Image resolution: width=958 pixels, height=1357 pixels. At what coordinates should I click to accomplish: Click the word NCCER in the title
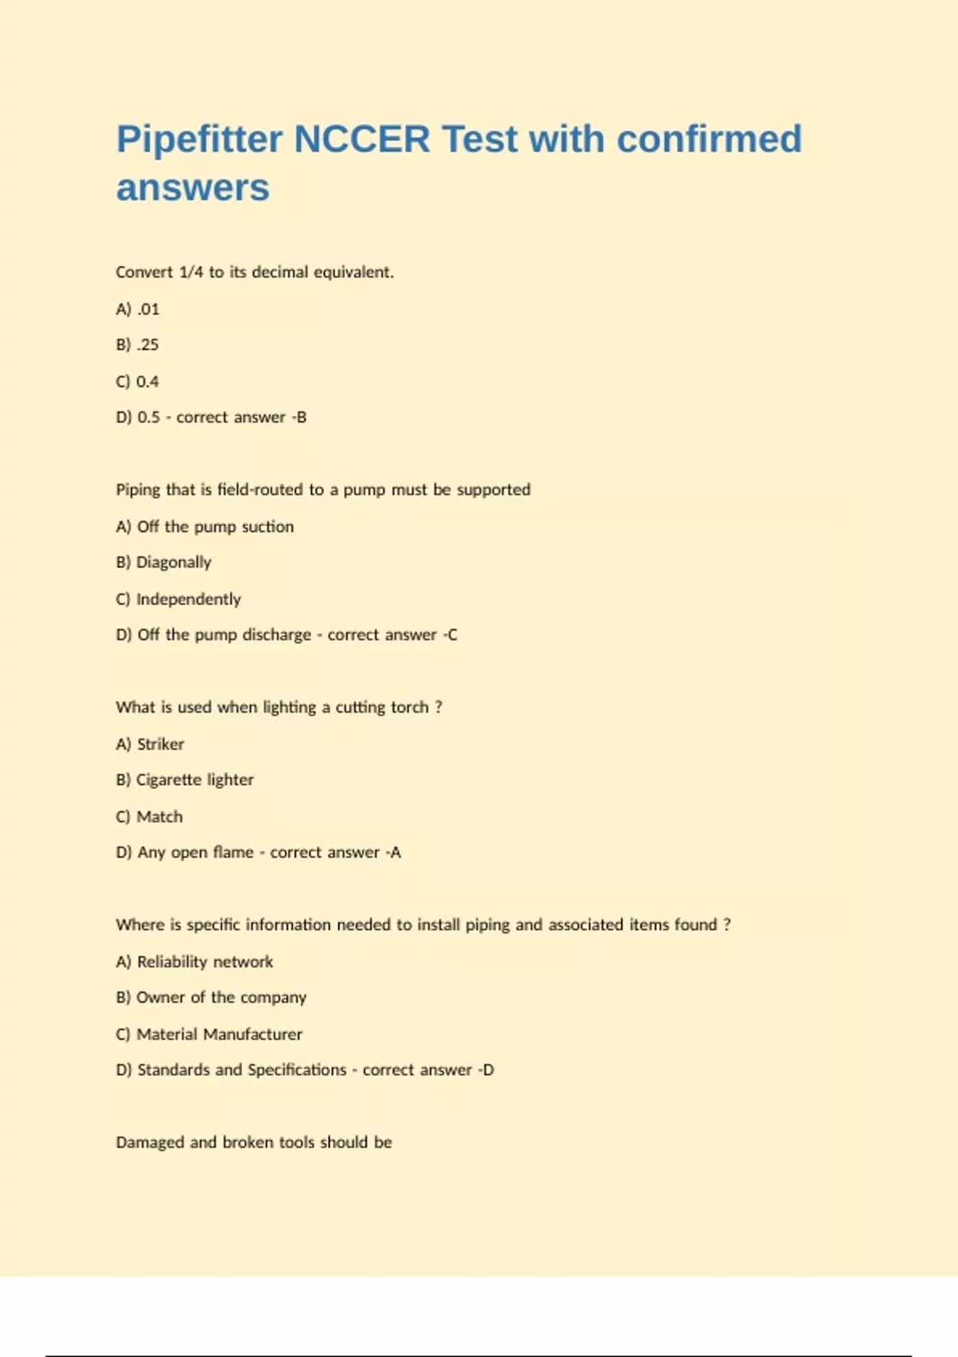[x=362, y=139]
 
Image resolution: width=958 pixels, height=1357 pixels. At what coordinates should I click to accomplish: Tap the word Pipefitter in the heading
[x=200, y=139]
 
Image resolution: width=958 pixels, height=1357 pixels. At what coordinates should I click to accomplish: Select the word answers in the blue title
[x=192, y=188]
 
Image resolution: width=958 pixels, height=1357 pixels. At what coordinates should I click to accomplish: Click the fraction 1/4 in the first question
[x=191, y=272]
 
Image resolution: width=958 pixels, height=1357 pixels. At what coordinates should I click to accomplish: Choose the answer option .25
[x=148, y=345]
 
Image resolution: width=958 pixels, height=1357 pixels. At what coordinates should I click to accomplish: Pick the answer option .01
[x=148, y=309]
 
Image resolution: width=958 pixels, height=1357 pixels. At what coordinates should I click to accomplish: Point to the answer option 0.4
[x=148, y=382]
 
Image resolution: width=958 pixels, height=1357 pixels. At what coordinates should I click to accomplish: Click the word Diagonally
[x=173, y=563]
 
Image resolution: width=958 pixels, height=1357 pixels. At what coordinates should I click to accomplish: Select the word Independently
[x=188, y=599]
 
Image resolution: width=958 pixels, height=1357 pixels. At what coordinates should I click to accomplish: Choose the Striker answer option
[x=160, y=744]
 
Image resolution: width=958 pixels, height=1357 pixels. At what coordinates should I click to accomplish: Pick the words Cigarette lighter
[x=195, y=780]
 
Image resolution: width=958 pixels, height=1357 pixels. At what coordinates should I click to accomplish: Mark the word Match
[x=160, y=817]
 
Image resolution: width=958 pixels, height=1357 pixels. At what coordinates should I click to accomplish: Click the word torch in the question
[x=410, y=707]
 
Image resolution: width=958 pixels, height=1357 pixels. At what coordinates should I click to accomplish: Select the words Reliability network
[x=205, y=962]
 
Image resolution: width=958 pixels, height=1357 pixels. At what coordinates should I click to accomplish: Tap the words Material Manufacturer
[x=220, y=1035]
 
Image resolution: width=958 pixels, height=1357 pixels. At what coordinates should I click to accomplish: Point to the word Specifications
[x=297, y=1070]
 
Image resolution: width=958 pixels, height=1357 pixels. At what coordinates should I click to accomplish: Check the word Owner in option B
[x=160, y=998]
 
